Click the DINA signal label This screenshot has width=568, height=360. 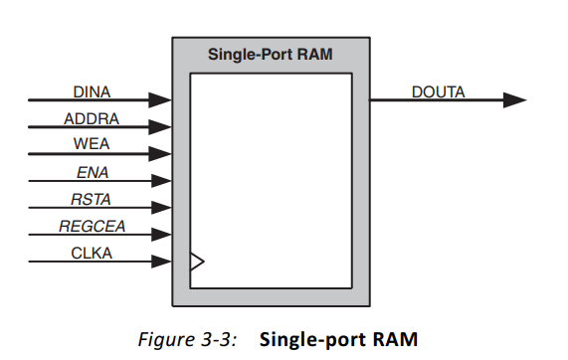pyautogui.click(x=92, y=92)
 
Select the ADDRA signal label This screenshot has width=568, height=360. pyautogui.click(x=92, y=119)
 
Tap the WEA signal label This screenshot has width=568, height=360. pyautogui.click(x=92, y=146)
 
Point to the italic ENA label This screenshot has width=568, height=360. pyautogui.click(x=92, y=173)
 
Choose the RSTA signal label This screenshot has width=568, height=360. pyautogui.click(x=92, y=200)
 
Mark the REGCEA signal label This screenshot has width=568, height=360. pyautogui.click(x=92, y=227)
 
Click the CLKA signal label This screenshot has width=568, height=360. pyautogui.click(x=92, y=254)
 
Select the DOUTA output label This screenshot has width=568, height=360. pyautogui.click(x=438, y=92)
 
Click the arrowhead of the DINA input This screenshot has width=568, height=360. pyautogui.click(x=161, y=100)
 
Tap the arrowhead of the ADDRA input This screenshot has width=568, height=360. pyautogui.click(x=161, y=127)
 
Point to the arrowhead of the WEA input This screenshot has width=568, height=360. pyautogui.click(x=161, y=154)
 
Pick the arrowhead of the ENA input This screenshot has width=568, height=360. pyautogui.click(x=161, y=181)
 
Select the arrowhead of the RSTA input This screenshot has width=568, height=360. pyautogui.click(x=161, y=208)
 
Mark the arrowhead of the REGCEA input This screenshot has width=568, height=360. pyautogui.click(x=161, y=235)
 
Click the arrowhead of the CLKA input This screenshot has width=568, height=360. pyautogui.click(x=161, y=262)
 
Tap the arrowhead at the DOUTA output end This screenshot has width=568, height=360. pyautogui.click(x=514, y=100)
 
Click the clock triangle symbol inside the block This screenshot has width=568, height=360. pyautogui.click(x=197, y=262)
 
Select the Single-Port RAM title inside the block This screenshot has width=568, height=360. pyautogui.click(x=270, y=55)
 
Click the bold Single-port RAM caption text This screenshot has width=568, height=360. pyautogui.click(x=338, y=338)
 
